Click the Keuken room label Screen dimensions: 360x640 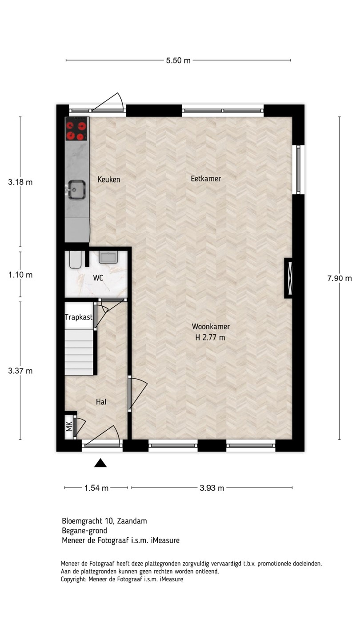point(109,180)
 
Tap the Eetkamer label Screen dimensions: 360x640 point(206,179)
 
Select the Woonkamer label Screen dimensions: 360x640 point(211,326)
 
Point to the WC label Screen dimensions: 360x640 point(98,278)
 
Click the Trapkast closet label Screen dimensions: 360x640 point(79,317)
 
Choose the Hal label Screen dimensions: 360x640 point(101,402)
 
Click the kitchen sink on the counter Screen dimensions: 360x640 point(76,189)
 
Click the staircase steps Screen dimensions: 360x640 point(79,352)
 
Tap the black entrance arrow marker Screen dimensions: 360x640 point(100,463)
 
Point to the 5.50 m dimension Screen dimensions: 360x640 point(178,60)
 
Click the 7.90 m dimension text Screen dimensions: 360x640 point(340,278)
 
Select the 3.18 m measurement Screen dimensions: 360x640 point(20,182)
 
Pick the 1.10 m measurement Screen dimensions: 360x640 point(20,275)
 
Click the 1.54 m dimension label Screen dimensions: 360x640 point(96,488)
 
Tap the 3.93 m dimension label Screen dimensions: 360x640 point(212,488)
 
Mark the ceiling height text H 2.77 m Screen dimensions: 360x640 point(210,337)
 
